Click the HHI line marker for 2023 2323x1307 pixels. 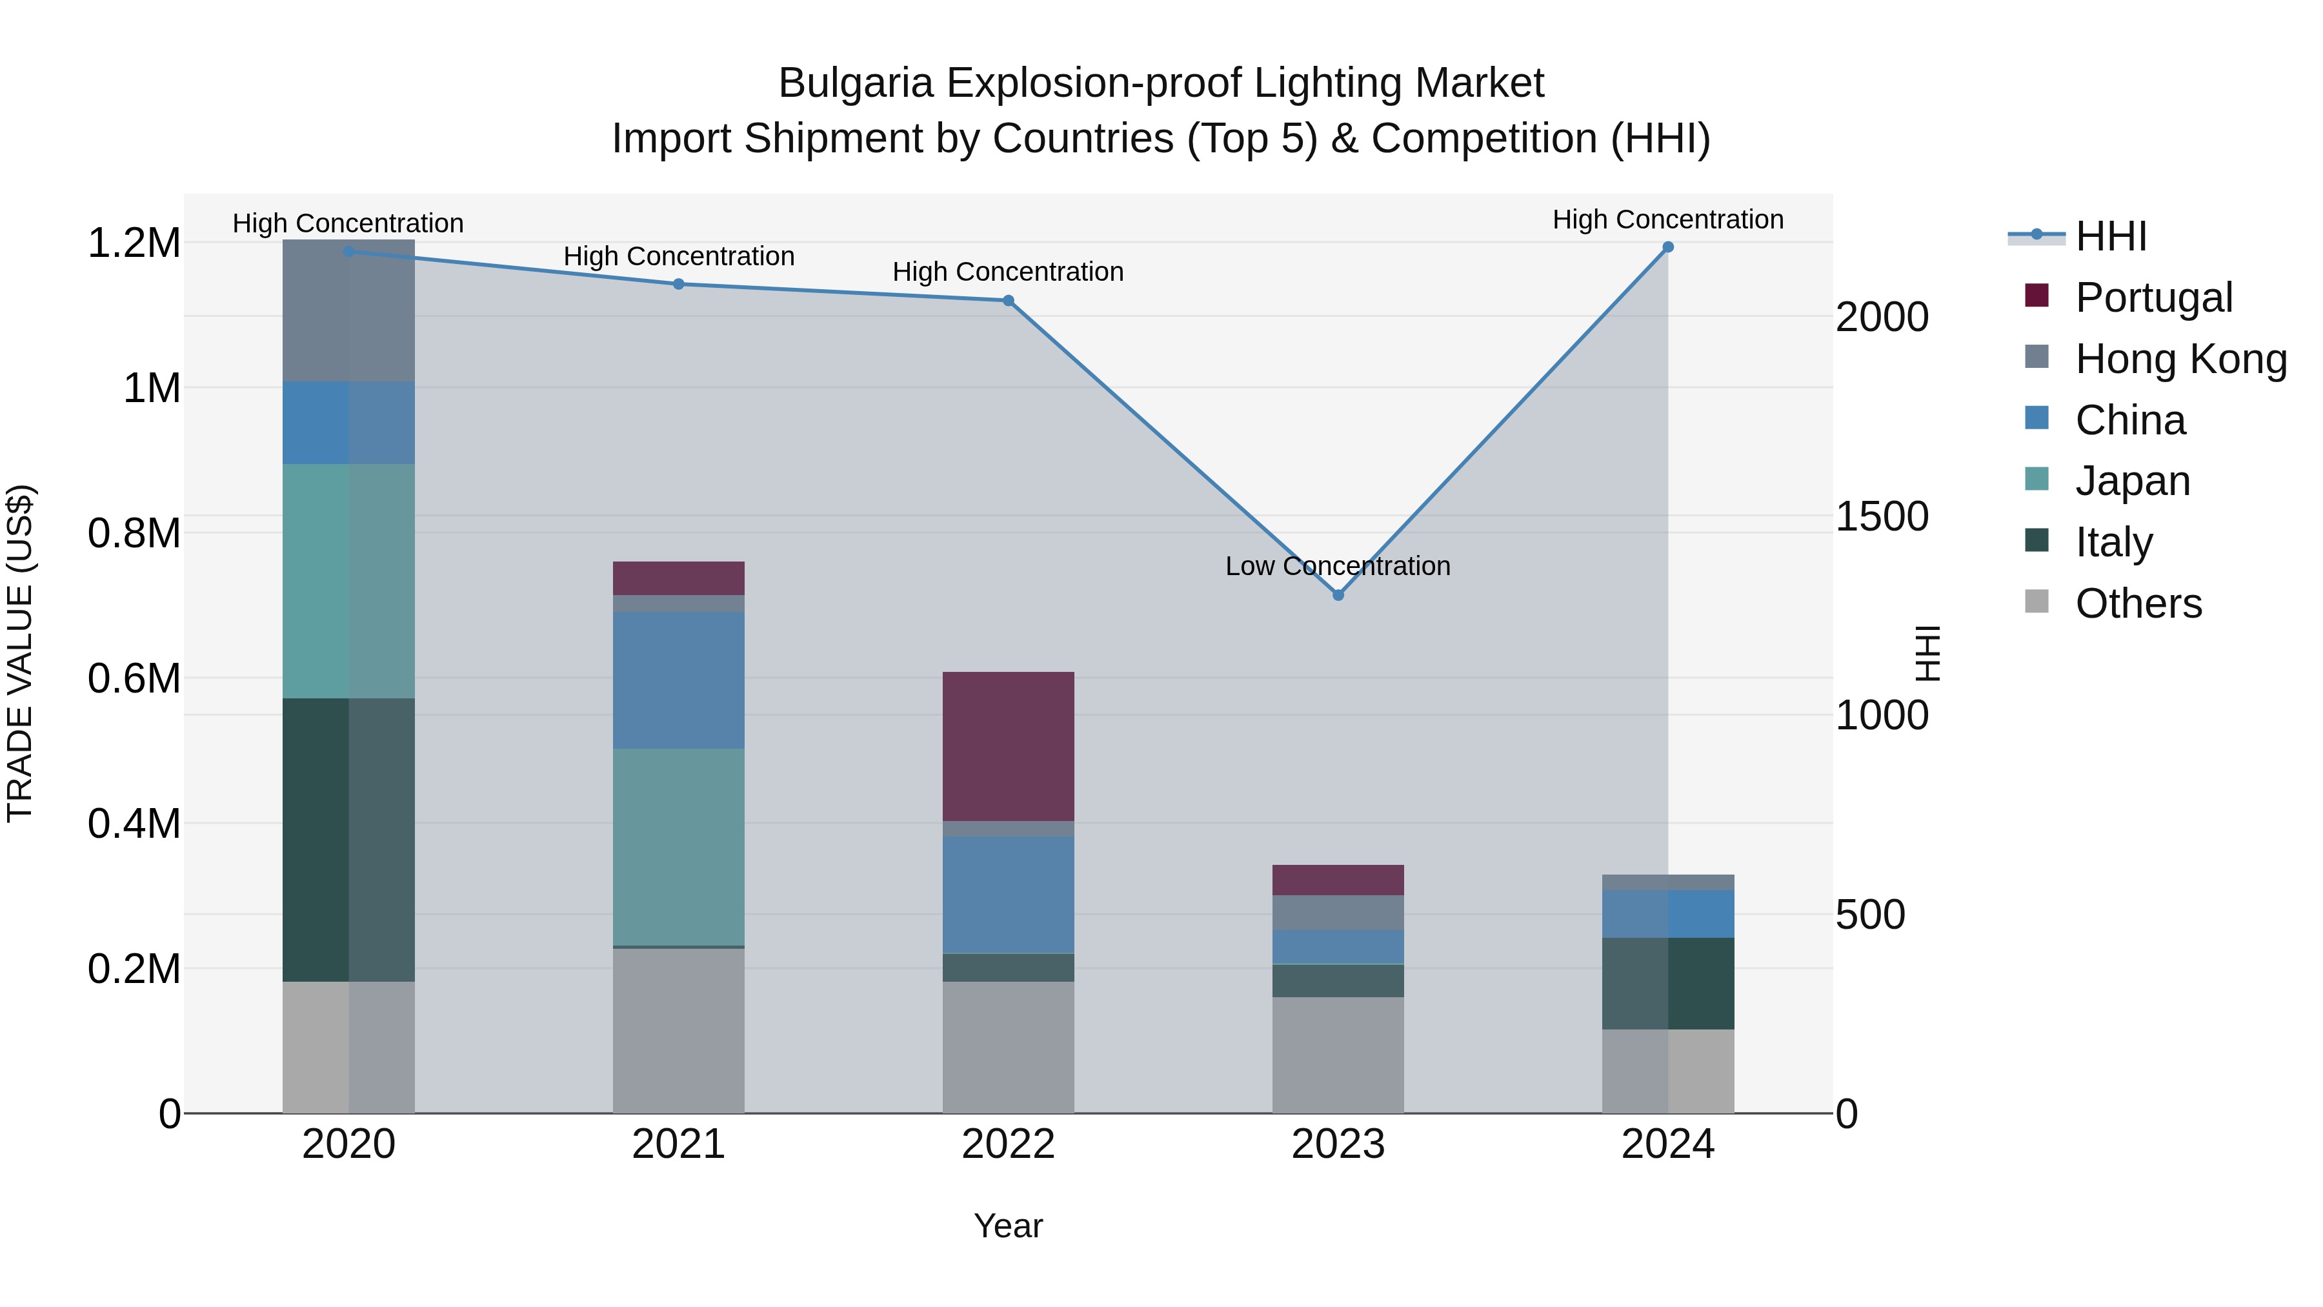coord(1338,595)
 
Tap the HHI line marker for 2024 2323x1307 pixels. coord(1667,247)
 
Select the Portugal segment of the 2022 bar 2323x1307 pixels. coord(1008,746)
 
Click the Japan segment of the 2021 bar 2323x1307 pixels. coord(678,846)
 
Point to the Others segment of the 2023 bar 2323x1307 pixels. coord(1338,1055)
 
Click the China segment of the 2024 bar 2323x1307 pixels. coord(1667,914)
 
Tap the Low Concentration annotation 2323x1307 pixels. coord(1338,567)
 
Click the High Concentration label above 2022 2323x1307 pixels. coord(1007,272)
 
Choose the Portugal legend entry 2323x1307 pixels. coord(2153,298)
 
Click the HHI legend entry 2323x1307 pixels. coord(2110,236)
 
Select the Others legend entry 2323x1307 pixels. coord(2137,603)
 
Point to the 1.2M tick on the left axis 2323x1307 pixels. coord(134,243)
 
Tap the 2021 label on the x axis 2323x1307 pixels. coord(678,1144)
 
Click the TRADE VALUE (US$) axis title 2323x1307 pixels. coord(20,653)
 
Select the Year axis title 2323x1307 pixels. coord(1008,1226)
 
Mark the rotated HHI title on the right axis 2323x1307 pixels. coord(1926,653)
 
